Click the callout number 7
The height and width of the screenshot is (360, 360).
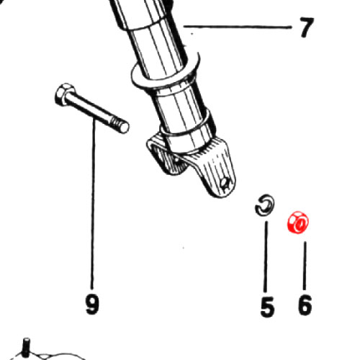tap(307, 27)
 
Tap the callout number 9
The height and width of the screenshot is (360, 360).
tap(92, 305)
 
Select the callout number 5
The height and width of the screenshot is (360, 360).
tap(267, 307)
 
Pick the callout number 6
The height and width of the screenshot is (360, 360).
tap(305, 305)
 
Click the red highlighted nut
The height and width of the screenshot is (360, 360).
tap(298, 222)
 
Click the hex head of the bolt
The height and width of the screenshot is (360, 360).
tap(63, 95)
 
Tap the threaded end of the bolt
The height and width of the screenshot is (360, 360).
tap(120, 125)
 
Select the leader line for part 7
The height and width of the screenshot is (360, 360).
tap(238, 27)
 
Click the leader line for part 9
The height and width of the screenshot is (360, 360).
tap(93, 203)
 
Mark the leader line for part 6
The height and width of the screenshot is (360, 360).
tap(305, 266)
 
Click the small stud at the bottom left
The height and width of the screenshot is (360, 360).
tap(26, 347)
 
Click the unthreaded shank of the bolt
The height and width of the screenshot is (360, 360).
tap(89, 109)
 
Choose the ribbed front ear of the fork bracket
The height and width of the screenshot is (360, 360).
tap(214, 168)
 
